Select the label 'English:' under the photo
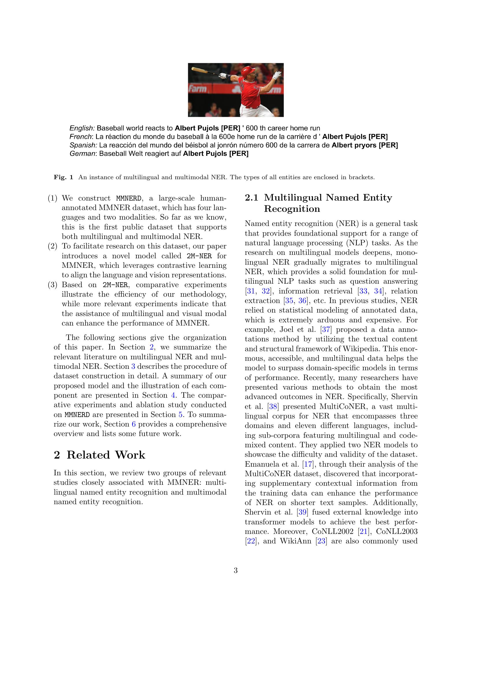click(82, 128)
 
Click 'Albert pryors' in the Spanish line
click(355, 145)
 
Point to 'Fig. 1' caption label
click(63, 177)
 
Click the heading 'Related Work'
click(106, 455)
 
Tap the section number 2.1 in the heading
click(251, 198)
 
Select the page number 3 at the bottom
click(236, 571)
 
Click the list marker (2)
click(52, 246)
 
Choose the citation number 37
click(326, 330)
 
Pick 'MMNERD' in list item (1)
click(129, 199)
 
